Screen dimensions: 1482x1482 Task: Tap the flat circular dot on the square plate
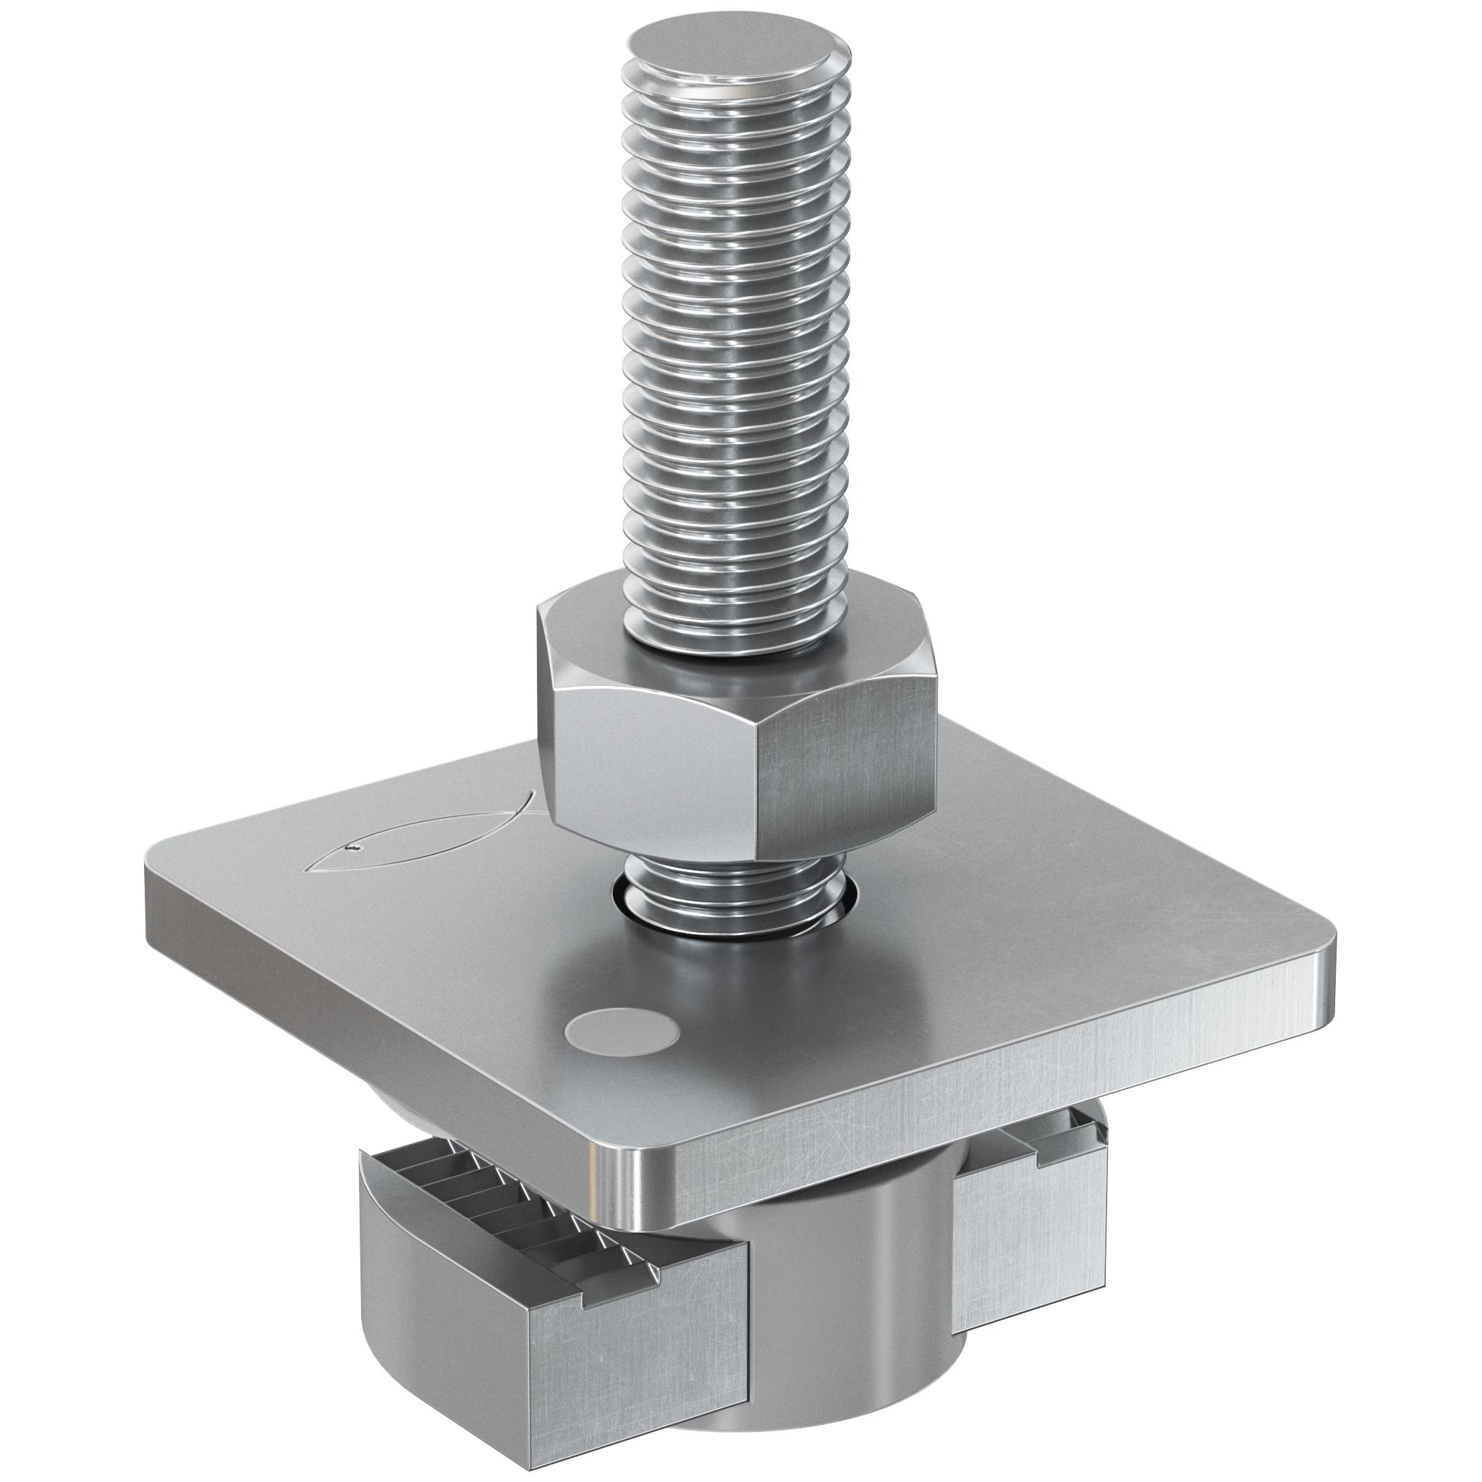tap(622, 1031)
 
